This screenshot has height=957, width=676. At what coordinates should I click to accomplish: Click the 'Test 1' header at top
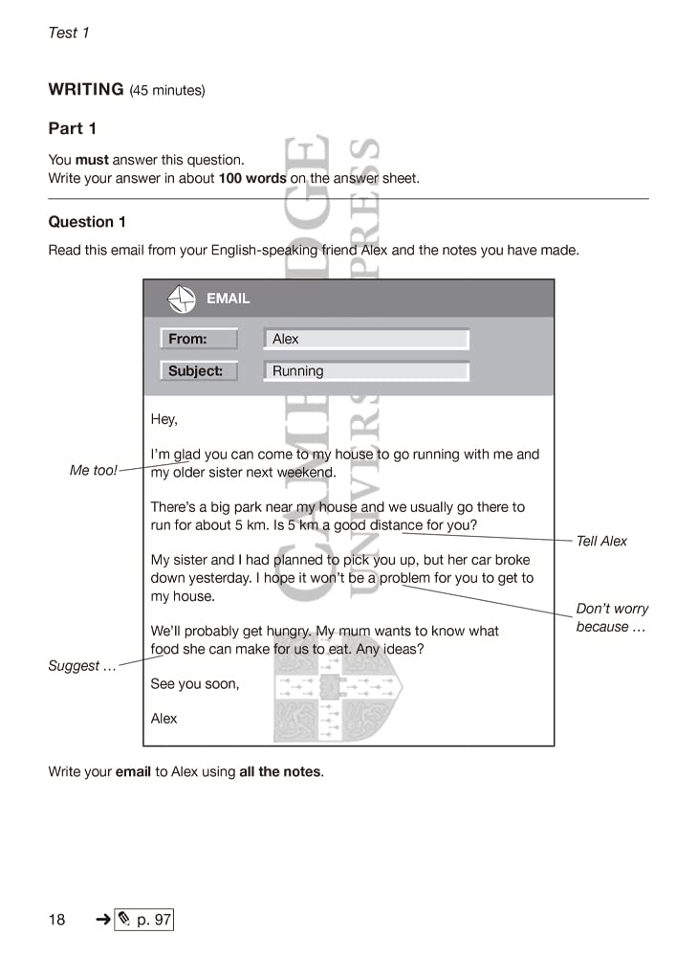tap(69, 33)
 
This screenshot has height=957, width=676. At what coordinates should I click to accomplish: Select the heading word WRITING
tap(86, 90)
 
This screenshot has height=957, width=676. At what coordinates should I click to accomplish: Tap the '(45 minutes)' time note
tap(167, 91)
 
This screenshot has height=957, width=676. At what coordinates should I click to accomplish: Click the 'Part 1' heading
tap(73, 128)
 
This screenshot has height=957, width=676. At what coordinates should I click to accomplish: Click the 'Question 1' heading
tap(87, 222)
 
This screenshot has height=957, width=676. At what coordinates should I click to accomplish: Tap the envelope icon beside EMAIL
tap(182, 299)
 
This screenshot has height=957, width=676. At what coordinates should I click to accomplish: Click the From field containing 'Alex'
tap(365, 339)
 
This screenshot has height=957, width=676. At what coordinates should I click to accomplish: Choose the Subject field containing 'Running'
tap(365, 371)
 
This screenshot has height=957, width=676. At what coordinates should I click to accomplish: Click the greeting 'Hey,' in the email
tap(164, 419)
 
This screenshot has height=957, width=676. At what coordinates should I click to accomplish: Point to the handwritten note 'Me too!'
tap(93, 471)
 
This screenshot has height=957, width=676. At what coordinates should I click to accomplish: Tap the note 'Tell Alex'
tap(601, 542)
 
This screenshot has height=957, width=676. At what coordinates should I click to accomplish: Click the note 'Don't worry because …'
tap(611, 618)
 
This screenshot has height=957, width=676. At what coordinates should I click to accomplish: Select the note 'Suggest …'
tap(82, 666)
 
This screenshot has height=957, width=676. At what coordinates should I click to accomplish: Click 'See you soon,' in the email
tap(195, 684)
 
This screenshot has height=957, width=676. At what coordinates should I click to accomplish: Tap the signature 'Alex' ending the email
tap(164, 719)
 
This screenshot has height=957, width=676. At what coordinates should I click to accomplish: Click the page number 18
tap(57, 921)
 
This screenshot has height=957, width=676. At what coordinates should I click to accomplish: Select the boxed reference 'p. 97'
tap(144, 921)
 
